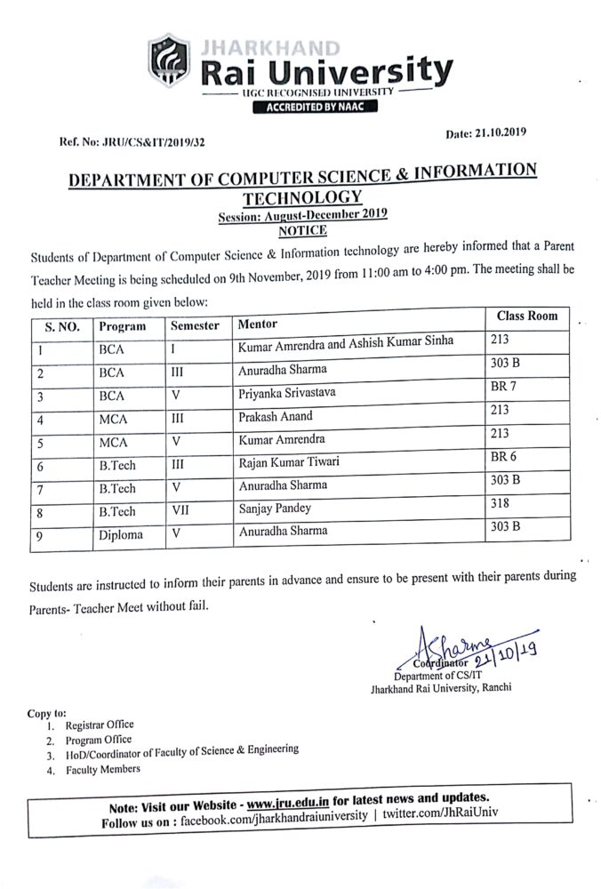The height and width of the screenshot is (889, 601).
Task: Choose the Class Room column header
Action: coord(526,316)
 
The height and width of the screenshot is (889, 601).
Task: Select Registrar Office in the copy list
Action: coord(99,725)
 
